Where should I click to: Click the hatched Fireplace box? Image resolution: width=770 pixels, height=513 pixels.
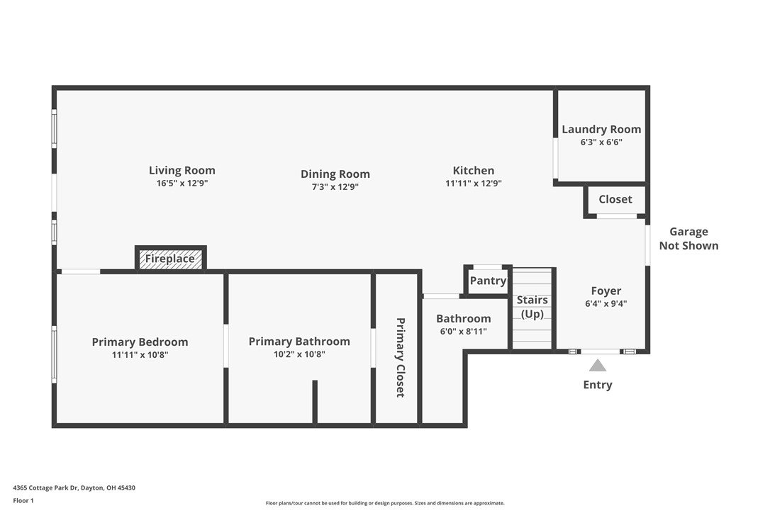click(x=170, y=259)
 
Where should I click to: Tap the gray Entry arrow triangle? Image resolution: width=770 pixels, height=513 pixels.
click(x=597, y=365)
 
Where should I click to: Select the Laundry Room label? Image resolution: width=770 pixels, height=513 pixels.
click(x=601, y=129)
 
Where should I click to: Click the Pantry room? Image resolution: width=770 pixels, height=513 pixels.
click(x=488, y=281)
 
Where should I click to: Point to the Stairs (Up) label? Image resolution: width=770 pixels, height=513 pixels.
click(x=532, y=307)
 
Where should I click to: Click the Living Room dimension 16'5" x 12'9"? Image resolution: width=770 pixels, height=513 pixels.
click(x=182, y=183)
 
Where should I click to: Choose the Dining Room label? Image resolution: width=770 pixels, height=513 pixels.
click(x=335, y=174)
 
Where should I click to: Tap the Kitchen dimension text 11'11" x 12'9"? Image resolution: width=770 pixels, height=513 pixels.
click(x=474, y=183)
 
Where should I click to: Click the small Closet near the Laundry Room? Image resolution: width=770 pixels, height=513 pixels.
click(x=615, y=201)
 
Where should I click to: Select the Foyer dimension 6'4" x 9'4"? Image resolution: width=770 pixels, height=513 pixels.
click(x=606, y=303)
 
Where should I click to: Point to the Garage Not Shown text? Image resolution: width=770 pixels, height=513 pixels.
click(x=688, y=239)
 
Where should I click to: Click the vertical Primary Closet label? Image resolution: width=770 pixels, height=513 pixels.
click(x=400, y=357)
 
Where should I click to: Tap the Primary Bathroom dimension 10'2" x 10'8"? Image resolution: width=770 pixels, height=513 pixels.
click(x=299, y=354)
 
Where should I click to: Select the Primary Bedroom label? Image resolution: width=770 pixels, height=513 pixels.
click(x=140, y=342)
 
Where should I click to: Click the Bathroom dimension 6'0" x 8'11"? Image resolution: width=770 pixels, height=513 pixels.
click(x=464, y=332)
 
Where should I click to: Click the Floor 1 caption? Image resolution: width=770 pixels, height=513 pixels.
click(x=23, y=501)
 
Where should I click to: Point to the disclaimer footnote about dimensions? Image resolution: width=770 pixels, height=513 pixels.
click(x=385, y=503)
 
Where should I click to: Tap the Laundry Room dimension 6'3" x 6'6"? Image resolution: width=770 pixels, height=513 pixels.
click(x=601, y=142)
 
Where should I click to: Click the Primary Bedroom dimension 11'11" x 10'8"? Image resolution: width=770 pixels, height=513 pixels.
click(x=140, y=355)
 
